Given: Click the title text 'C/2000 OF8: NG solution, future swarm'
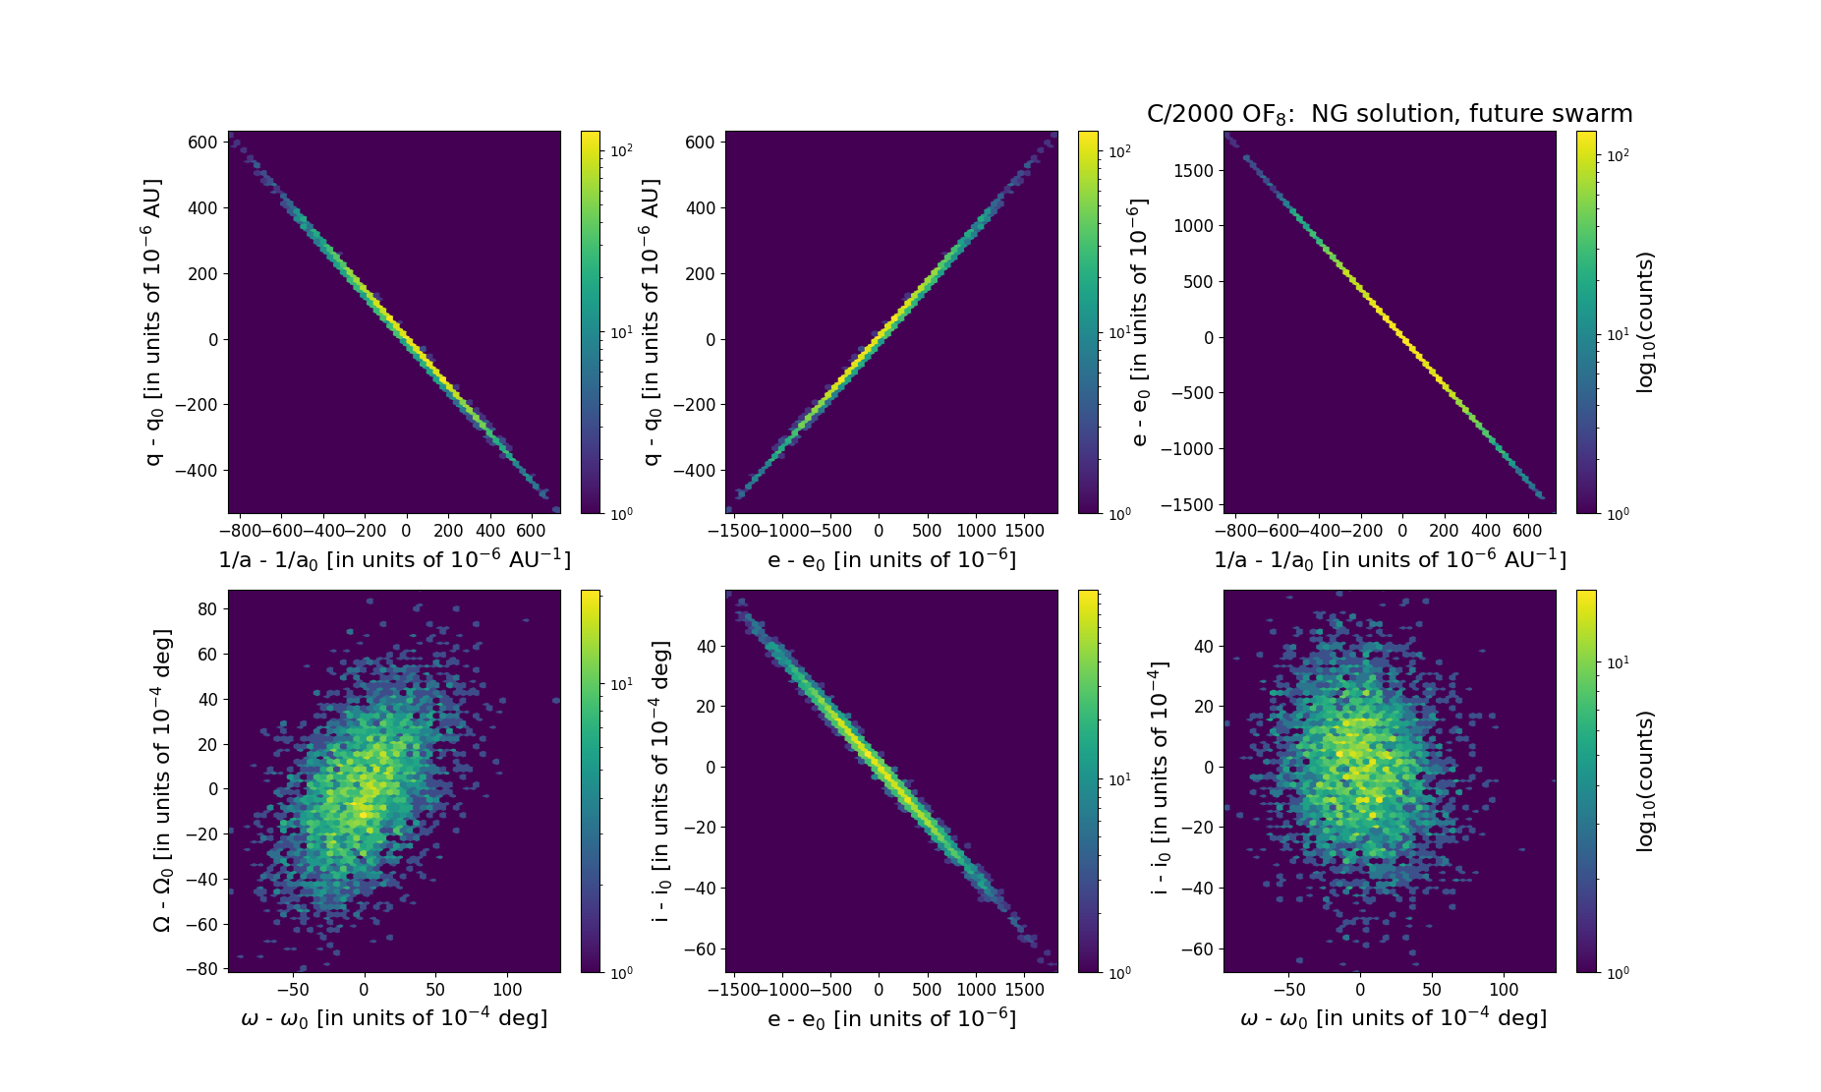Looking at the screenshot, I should click(1389, 114).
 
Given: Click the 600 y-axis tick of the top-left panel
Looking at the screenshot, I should click(202, 143).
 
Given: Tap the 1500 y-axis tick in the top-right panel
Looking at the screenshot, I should click(1193, 171).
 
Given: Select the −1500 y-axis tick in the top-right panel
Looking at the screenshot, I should click(1187, 504).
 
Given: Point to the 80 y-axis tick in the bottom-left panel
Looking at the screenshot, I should click(206, 609).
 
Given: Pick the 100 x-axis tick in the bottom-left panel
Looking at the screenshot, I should click(507, 990).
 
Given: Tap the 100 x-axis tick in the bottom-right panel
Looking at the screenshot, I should click(1504, 990).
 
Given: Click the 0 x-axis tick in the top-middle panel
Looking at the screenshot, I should click(879, 531).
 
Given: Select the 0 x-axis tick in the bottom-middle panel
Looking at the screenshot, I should click(879, 990).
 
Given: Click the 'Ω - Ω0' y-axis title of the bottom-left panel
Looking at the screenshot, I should click(163, 780).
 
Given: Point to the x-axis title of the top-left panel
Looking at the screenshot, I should click(394, 559).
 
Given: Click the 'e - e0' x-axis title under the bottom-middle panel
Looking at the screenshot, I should click(891, 1018).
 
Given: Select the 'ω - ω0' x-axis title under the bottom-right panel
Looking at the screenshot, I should click(1393, 1018).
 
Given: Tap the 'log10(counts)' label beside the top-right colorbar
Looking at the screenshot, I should click(1645, 322).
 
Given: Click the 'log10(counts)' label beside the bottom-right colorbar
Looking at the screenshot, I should click(1645, 780).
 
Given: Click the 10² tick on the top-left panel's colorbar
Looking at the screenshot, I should click(621, 150).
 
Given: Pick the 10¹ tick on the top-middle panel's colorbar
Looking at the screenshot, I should click(1118, 332).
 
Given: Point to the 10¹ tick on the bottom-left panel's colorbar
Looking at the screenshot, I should click(621, 684).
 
